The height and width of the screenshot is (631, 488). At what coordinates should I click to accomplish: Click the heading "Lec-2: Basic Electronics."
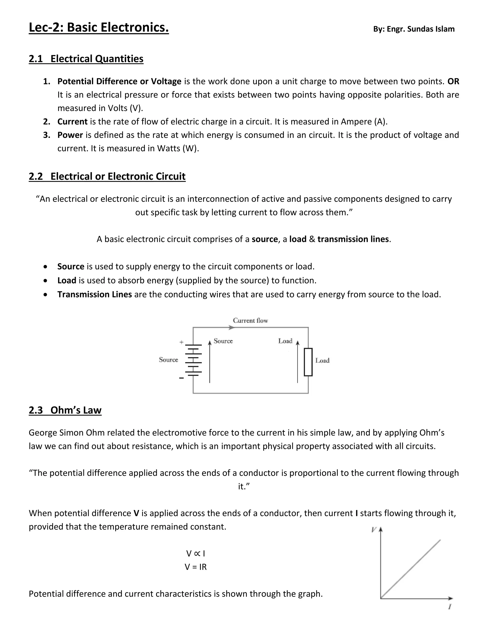tap(99, 28)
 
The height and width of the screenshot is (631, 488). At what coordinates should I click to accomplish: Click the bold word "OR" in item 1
tap(453, 81)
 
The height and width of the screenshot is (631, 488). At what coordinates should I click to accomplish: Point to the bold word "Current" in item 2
tap(72, 122)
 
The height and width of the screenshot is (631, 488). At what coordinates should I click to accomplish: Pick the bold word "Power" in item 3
tap(70, 135)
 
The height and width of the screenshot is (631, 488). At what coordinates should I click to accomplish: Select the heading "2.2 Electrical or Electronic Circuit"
tap(107, 176)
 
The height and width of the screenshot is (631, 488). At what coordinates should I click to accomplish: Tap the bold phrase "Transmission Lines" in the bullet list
tap(95, 294)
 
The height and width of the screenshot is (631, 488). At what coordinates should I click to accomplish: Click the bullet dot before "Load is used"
tap(45, 280)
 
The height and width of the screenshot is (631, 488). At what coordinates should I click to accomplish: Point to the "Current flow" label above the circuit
tap(250, 321)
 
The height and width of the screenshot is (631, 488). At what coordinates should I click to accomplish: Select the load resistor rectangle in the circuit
tap(308, 362)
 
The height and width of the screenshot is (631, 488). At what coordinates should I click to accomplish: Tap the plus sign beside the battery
tap(181, 342)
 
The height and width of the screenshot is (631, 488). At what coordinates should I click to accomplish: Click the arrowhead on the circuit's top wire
tap(231, 327)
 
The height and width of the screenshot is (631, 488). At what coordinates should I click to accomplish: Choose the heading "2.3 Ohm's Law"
tap(65, 410)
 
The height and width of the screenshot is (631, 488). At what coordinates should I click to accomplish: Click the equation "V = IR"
tap(196, 567)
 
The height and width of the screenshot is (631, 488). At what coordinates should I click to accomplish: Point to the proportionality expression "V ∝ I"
tap(196, 554)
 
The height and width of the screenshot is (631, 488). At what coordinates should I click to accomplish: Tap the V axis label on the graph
tap(374, 530)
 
